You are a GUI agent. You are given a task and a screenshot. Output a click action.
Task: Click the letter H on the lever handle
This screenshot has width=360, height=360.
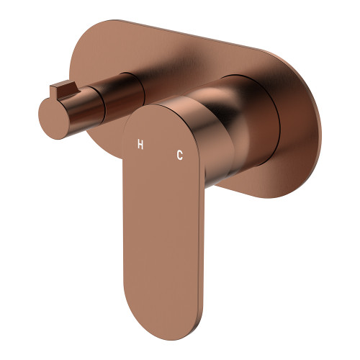(x=141, y=144)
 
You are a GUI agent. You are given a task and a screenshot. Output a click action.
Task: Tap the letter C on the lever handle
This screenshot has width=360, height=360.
(x=179, y=154)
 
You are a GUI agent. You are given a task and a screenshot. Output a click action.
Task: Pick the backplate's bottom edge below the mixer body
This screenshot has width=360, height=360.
(x=252, y=189)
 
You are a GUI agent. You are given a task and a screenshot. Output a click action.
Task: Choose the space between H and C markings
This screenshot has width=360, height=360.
(x=160, y=149)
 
